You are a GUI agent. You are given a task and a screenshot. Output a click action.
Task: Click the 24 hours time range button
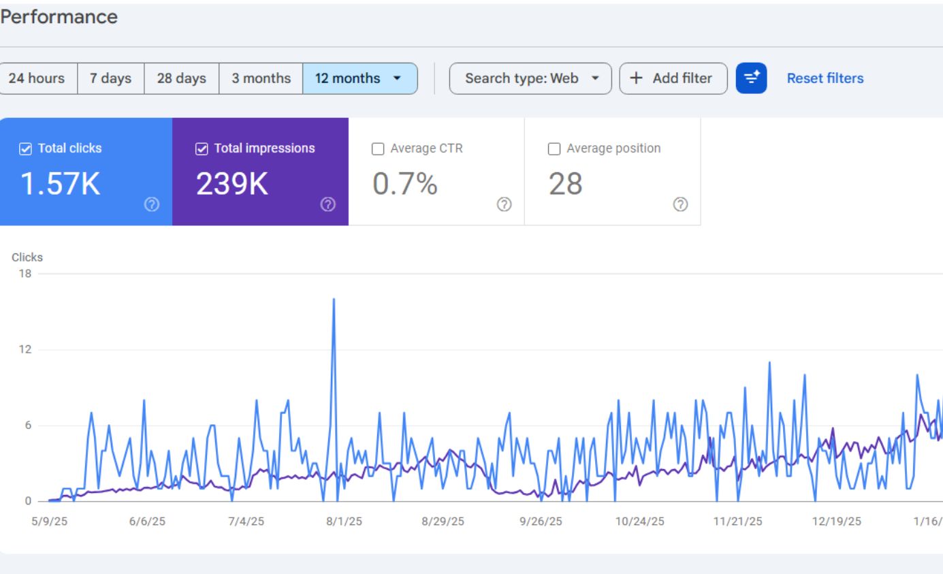(x=37, y=78)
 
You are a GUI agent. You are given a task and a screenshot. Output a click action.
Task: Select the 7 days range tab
(x=112, y=78)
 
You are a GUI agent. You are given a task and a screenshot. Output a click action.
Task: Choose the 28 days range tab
(x=181, y=78)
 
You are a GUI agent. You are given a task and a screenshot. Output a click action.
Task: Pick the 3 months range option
(x=261, y=78)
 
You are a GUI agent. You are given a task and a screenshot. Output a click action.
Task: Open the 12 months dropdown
(x=359, y=78)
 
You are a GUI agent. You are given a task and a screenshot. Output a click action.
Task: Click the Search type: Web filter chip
(x=530, y=78)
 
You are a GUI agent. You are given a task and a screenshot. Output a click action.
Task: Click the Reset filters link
(x=825, y=78)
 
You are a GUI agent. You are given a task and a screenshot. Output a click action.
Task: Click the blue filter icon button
(x=751, y=78)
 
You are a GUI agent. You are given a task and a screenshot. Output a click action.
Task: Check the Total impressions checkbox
(x=202, y=148)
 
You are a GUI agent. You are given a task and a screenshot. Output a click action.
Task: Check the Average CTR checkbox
(x=378, y=148)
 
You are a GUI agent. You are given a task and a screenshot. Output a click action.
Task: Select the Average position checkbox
(x=554, y=148)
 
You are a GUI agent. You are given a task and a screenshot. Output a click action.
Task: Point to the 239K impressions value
(x=232, y=184)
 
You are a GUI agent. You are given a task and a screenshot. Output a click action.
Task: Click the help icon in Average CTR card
(x=505, y=204)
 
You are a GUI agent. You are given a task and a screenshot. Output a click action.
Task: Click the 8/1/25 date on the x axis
(x=345, y=522)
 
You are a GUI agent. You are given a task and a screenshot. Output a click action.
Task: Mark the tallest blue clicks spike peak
(x=334, y=299)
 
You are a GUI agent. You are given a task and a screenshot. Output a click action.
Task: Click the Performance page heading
(x=59, y=17)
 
